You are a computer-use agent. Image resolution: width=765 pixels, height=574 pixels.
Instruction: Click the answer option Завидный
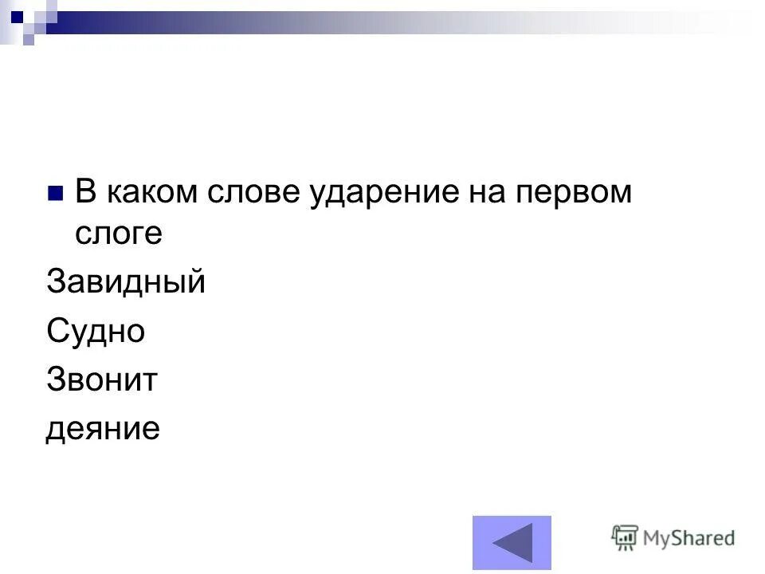click(126, 282)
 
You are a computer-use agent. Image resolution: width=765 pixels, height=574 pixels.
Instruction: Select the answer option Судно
click(96, 331)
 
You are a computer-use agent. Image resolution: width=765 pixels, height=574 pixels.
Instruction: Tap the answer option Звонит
click(101, 380)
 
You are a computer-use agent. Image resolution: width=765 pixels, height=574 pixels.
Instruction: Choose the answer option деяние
click(103, 430)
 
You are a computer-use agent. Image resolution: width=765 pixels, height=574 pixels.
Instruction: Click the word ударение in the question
click(375, 194)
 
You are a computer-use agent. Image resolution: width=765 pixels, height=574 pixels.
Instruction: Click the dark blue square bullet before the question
click(55, 194)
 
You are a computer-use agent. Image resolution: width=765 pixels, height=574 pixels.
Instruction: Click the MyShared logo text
click(689, 538)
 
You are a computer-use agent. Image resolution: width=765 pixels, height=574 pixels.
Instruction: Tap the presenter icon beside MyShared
click(626, 538)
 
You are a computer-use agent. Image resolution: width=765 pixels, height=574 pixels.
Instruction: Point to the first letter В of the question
click(84, 192)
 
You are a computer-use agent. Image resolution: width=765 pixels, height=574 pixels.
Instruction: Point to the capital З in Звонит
click(57, 379)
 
